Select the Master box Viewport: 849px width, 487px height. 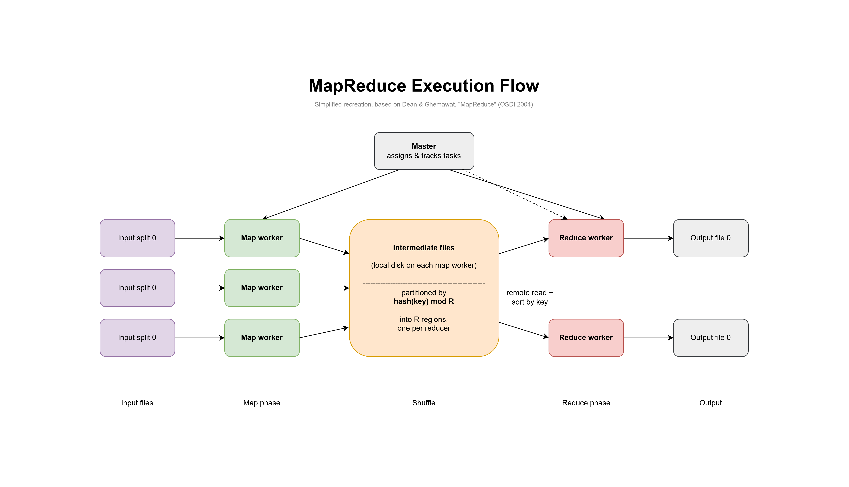[424, 151]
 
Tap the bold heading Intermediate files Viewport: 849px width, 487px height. [424, 248]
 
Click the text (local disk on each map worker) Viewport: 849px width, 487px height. [424, 265]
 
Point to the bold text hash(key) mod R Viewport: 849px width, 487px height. [424, 301]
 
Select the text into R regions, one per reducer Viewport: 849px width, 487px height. [424, 324]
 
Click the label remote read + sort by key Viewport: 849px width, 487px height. [530, 297]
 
